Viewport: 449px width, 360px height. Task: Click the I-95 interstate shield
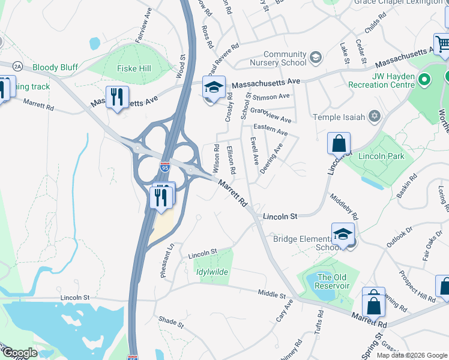click(x=164, y=166)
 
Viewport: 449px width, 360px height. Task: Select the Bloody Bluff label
click(x=55, y=68)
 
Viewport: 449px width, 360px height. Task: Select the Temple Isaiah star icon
click(x=375, y=116)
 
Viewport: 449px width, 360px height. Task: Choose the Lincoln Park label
click(x=381, y=156)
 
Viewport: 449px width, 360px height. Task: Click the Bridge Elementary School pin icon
click(x=342, y=234)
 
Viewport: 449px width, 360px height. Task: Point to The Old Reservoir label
click(x=333, y=281)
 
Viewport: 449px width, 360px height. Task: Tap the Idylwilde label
click(x=212, y=272)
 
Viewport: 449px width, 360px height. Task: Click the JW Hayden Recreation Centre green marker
click(x=425, y=79)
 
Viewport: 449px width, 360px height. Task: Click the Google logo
click(x=20, y=353)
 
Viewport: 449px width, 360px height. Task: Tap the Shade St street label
click(x=172, y=322)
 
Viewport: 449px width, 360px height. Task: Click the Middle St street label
click(x=272, y=295)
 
